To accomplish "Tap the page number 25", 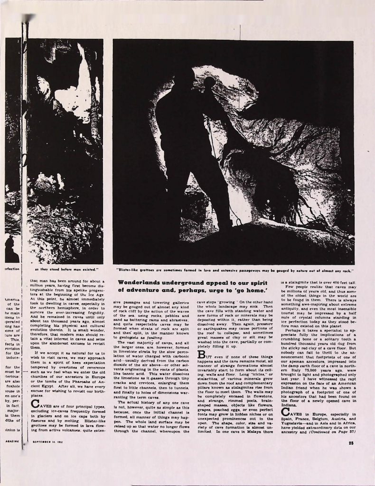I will pos(350,444).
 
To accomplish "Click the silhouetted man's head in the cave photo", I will pos(183,79).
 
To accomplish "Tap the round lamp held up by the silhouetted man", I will pos(210,82).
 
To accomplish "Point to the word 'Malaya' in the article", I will pos(253,430).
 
